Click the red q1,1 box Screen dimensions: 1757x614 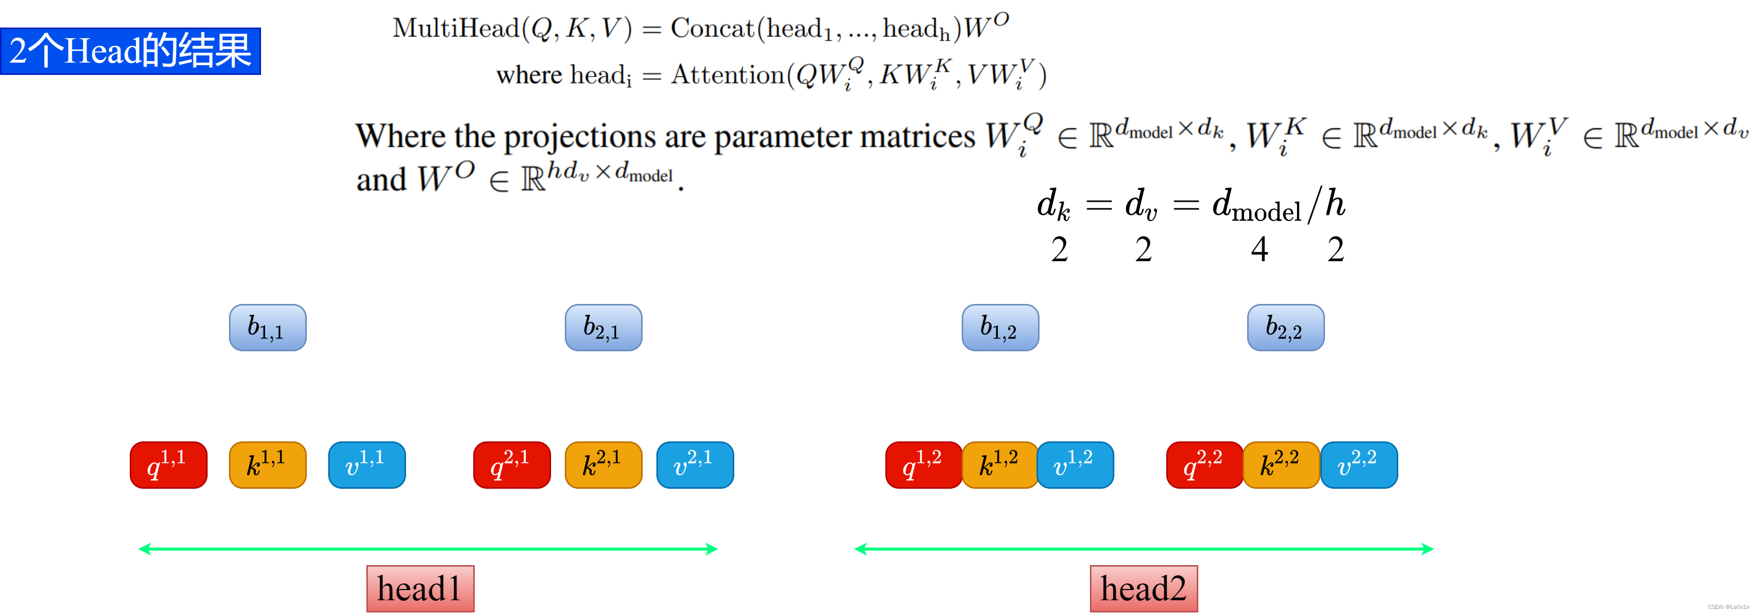point(168,465)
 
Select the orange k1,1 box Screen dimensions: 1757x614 point(267,465)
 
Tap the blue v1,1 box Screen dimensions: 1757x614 point(367,465)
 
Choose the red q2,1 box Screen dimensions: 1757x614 point(511,465)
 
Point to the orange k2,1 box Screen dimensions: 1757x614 point(603,465)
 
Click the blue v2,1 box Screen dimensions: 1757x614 point(695,465)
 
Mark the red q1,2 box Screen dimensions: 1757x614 point(924,465)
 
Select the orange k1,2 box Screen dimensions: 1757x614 point(1000,465)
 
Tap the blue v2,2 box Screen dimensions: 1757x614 point(1359,465)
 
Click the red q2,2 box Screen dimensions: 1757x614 point(1204,465)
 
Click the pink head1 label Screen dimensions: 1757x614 point(420,588)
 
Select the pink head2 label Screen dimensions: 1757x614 point(1143,588)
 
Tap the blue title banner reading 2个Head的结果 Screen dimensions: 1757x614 point(130,51)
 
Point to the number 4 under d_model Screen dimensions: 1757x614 point(1259,249)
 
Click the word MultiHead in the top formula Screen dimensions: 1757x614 point(455,29)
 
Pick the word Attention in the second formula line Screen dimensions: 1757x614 point(727,75)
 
